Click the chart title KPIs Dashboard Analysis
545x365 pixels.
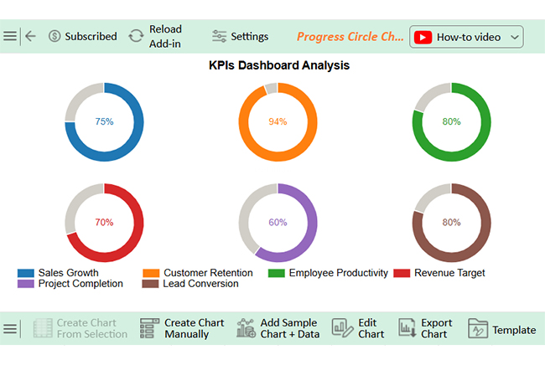pos(279,65)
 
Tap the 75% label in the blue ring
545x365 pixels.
pos(104,121)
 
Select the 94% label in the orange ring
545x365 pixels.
pos(278,121)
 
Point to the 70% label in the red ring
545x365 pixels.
pos(104,223)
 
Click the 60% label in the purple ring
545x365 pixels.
pos(278,223)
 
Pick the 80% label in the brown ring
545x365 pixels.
pos(451,223)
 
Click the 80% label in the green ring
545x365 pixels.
pos(451,121)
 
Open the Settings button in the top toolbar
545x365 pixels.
pos(241,37)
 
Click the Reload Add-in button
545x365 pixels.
pos(156,37)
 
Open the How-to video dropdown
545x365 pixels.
pos(466,37)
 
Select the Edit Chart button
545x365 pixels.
pos(359,328)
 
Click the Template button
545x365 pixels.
pos(502,329)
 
